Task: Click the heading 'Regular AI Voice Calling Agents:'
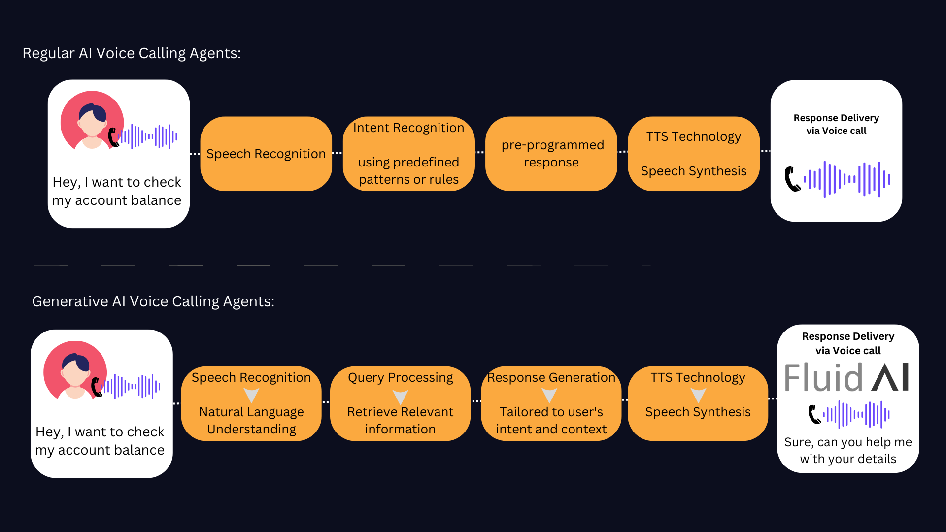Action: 132,53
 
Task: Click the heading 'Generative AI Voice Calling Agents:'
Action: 153,301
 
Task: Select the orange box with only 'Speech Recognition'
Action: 266,154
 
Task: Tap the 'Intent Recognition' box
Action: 408,154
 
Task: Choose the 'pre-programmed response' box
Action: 551,154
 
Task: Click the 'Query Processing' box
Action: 400,403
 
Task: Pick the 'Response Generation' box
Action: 551,403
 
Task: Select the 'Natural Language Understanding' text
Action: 251,420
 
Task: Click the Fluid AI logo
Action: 847,378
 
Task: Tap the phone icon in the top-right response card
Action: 793,179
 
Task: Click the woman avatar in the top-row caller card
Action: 92,120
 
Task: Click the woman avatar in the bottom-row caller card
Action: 75,370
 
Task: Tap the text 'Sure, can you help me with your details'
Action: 848,450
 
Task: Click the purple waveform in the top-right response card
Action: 847,179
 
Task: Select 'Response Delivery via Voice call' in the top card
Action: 836,124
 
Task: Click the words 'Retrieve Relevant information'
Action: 400,420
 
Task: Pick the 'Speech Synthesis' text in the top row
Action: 694,171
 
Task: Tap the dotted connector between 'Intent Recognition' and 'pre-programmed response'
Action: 480,153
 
